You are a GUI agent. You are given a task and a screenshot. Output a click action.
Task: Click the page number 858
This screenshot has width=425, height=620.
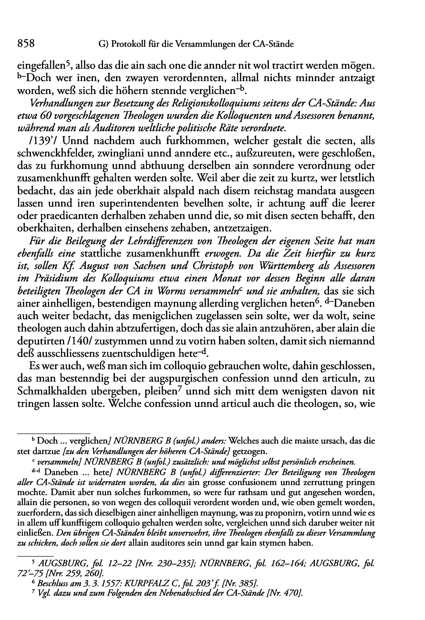(x=26, y=44)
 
